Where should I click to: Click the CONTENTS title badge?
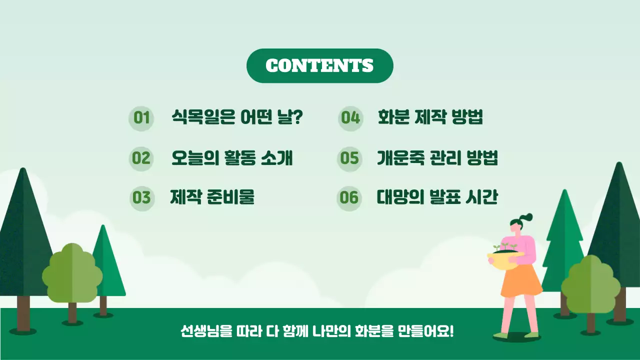319,65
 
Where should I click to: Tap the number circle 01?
141,118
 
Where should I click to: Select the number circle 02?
141,158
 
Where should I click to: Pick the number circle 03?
141,198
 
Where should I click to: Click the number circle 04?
350,118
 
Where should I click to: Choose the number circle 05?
349,158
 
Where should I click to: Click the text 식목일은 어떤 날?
237,118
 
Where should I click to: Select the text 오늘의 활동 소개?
232,158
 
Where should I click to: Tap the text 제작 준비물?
212,197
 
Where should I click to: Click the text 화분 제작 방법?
430,118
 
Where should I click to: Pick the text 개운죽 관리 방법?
437,158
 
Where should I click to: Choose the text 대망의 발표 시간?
437,197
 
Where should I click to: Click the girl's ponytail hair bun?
526,217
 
